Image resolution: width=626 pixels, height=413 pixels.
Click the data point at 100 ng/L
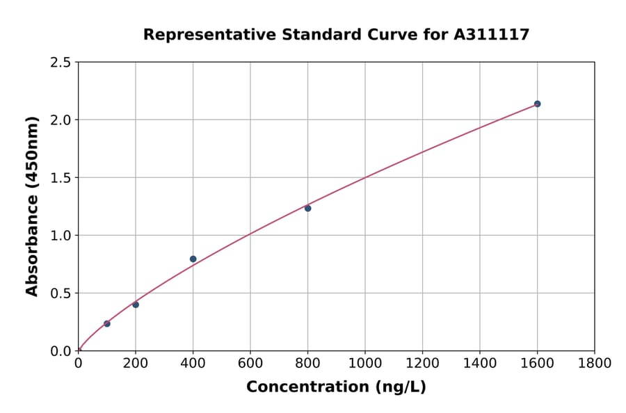coord(107,323)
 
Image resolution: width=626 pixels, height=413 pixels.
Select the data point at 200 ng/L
coord(136,305)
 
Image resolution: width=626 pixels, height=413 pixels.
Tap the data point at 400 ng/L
coord(193,259)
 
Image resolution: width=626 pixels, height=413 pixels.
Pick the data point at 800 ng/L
coord(307,208)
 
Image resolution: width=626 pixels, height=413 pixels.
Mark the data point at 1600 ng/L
coord(537,104)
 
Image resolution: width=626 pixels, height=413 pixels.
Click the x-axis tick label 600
coord(250,363)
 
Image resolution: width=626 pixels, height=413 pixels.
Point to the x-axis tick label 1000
coord(365,363)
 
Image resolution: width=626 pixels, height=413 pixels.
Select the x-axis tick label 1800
coord(595,363)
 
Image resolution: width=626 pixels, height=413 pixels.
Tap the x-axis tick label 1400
coord(480,363)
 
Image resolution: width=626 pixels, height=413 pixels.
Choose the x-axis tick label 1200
coord(422,363)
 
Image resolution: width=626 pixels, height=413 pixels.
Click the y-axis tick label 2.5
coord(61,63)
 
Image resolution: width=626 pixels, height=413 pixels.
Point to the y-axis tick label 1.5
coord(61,178)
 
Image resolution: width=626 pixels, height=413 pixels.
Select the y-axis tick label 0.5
coord(61,293)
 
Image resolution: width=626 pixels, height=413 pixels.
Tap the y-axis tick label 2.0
coord(61,120)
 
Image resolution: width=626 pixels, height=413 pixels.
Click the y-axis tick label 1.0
coord(61,236)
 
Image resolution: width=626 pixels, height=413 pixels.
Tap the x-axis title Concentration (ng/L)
coord(336,387)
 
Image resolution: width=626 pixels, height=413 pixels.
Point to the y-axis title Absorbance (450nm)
coord(32,206)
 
